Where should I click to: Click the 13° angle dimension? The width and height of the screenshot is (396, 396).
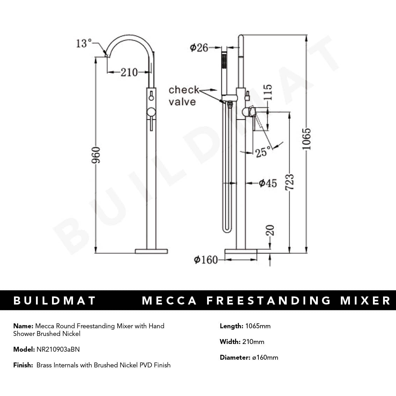pos(83,43)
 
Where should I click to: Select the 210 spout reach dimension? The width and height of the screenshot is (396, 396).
pos(129,72)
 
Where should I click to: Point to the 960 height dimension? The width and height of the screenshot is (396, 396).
pos(96,155)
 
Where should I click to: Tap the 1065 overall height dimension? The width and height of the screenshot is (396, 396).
pos(306,139)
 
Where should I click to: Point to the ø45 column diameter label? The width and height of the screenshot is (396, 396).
pos(267,183)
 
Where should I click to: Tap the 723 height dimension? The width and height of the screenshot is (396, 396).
pos(289,182)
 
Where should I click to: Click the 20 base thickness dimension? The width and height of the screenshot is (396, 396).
pos(270,230)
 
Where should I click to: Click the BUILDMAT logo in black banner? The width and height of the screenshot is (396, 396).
pos(54,301)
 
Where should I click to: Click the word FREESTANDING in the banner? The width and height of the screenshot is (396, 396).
pos(269,301)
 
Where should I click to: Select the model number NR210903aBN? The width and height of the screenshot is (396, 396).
pos(58,349)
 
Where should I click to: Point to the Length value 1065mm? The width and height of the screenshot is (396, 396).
pos(258,326)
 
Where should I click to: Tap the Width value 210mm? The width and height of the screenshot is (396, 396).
pos(253,342)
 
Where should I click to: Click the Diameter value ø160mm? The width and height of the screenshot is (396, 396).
pos(265,358)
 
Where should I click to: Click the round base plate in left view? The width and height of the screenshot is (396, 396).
pos(151,251)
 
